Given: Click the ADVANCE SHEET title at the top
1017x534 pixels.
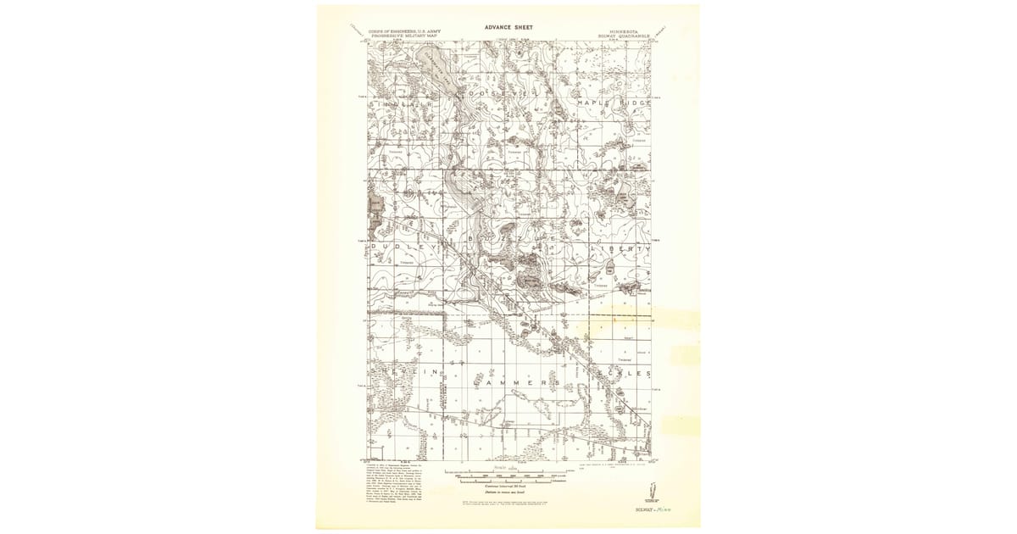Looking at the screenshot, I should click(x=508, y=27).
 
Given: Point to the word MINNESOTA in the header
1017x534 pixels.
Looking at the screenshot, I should click(x=623, y=32).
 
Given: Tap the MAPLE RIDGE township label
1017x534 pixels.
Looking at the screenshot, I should click(x=614, y=103).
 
